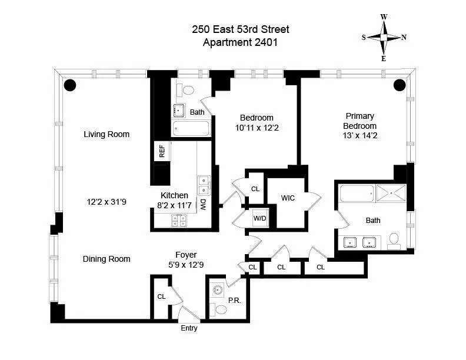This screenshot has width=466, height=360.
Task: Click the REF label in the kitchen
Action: pos(162,151)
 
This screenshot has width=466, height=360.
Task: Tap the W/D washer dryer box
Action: pos(259,219)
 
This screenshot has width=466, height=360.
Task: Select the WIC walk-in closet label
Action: pos(288,198)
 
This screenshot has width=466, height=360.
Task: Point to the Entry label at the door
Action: pos(189,328)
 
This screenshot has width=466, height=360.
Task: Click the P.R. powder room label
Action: pos(234,300)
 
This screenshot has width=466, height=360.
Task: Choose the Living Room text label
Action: pos(106,134)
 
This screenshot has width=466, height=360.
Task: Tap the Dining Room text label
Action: pos(106,259)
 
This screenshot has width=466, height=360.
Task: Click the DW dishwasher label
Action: pos(202,204)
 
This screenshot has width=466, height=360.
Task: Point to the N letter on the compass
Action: pos(404,37)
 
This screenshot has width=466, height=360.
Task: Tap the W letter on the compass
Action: pos(384,17)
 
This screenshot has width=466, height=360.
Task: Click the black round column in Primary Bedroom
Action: pos(400,85)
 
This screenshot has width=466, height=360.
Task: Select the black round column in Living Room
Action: pos(70,85)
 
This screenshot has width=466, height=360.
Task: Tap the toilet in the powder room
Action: pos(221,309)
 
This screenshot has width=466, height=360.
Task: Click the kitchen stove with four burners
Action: pos(179,221)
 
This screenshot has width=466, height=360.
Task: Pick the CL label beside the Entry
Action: pos(161,297)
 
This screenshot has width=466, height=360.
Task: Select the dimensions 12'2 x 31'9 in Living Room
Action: pos(106,201)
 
